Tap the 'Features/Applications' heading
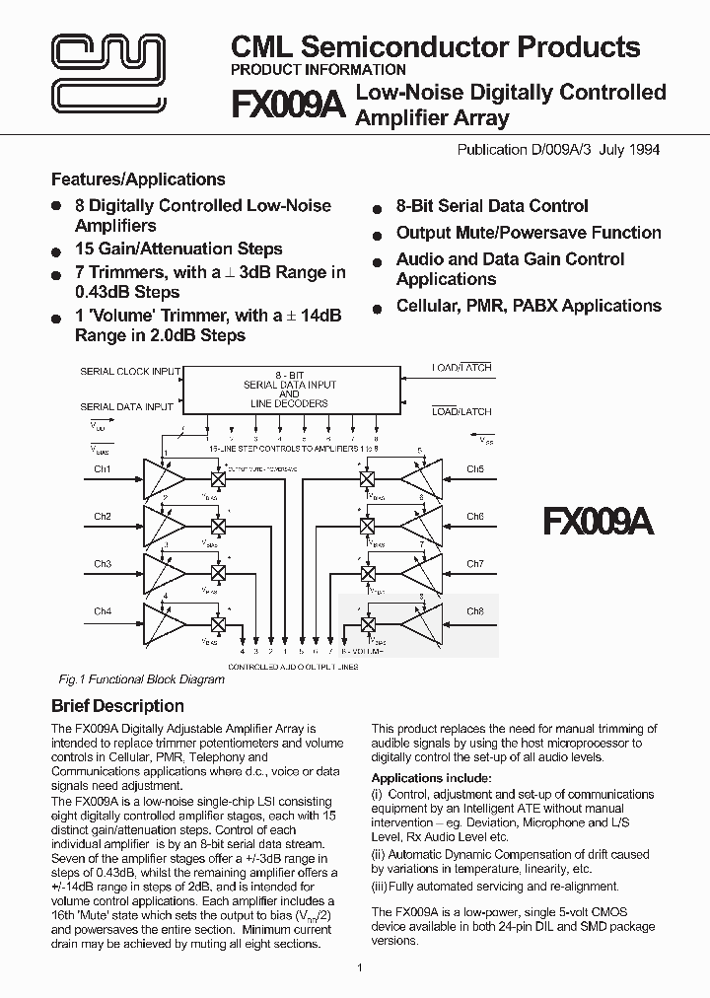tap(138, 179)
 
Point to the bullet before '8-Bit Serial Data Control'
tap(377, 209)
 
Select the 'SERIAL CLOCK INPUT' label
tap(130, 371)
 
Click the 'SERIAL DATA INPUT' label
tap(126, 406)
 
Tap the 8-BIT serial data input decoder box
tap(290, 388)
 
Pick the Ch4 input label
tap(103, 611)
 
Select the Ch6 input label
tap(475, 516)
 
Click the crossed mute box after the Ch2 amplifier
tap(219, 525)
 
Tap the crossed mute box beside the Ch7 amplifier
tap(368, 573)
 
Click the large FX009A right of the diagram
tap(598, 521)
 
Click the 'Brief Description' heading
tap(117, 706)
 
